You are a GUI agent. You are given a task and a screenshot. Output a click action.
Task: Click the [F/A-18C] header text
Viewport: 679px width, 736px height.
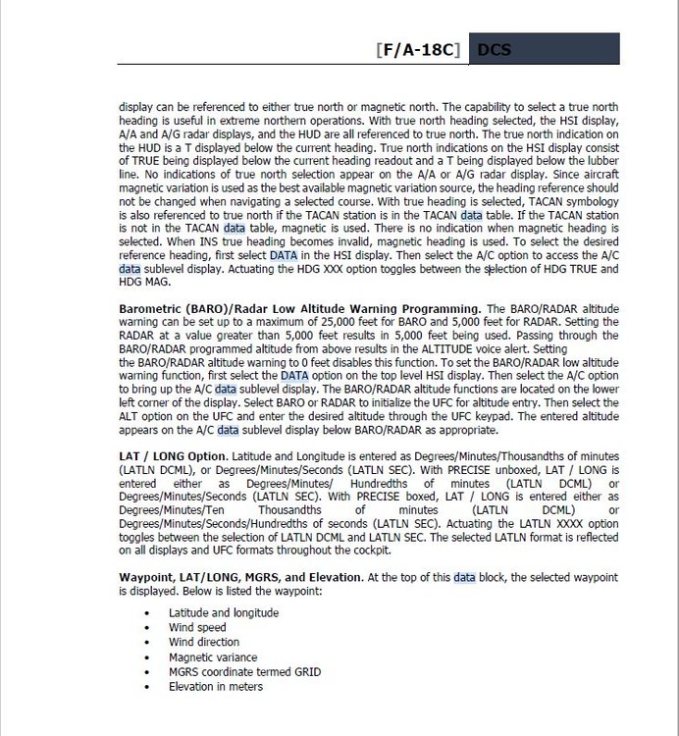[418, 50]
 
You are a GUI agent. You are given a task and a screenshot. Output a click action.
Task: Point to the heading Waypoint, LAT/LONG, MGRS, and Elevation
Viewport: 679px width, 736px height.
[240, 578]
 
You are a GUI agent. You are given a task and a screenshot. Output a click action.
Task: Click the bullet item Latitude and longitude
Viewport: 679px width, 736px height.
[210, 613]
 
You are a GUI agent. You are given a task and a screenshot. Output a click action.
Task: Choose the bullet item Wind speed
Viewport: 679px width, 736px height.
[197, 628]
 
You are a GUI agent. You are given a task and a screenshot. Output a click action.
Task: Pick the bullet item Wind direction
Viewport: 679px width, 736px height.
[204, 643]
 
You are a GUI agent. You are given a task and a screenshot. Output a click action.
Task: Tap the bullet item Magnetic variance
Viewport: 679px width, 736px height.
[213, 657]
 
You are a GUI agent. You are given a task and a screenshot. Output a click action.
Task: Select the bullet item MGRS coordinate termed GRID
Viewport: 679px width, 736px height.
[244, 672]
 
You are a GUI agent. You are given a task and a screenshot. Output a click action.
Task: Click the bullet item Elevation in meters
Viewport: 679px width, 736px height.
[216, 687]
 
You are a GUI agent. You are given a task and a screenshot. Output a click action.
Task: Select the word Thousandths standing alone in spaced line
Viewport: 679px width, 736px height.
[292, 510]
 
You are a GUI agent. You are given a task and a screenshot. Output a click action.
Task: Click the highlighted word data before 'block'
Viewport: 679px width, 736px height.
[464, 578]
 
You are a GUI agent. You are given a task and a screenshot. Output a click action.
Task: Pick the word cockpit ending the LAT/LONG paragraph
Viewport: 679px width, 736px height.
[369, 551]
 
